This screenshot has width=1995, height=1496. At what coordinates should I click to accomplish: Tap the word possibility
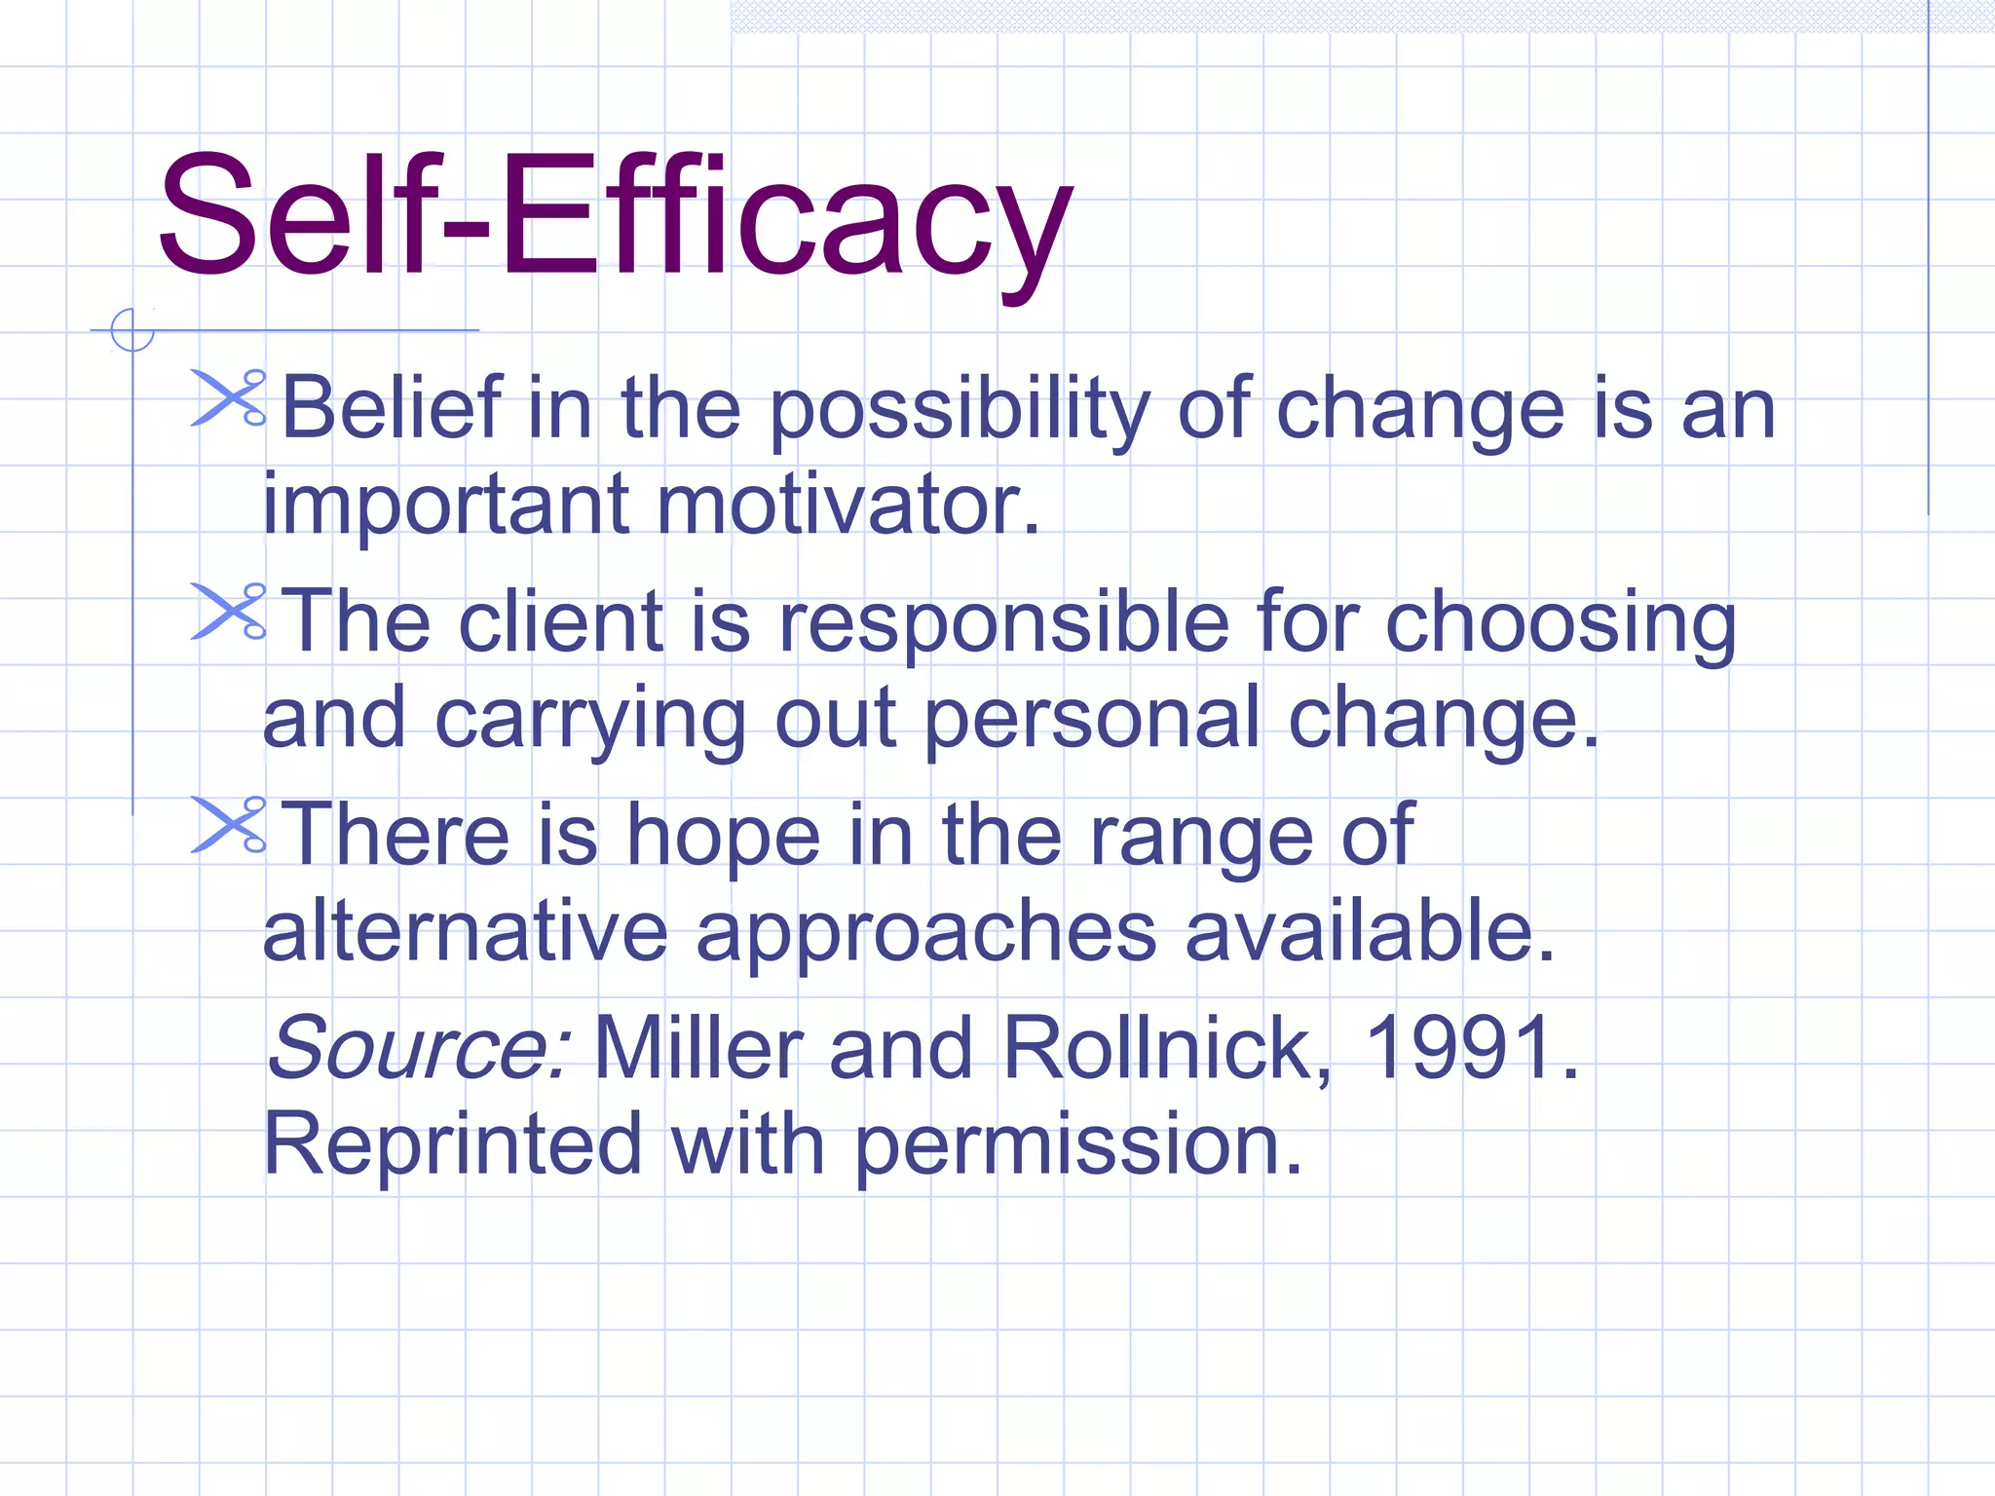960,411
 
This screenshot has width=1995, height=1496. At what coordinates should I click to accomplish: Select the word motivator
847,505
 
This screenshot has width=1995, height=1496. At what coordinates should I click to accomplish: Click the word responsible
1003,623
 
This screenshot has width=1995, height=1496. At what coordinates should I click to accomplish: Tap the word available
1369,931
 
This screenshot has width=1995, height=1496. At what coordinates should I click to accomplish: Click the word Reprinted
453,1144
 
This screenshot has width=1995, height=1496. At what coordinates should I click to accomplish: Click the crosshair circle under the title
132,330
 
